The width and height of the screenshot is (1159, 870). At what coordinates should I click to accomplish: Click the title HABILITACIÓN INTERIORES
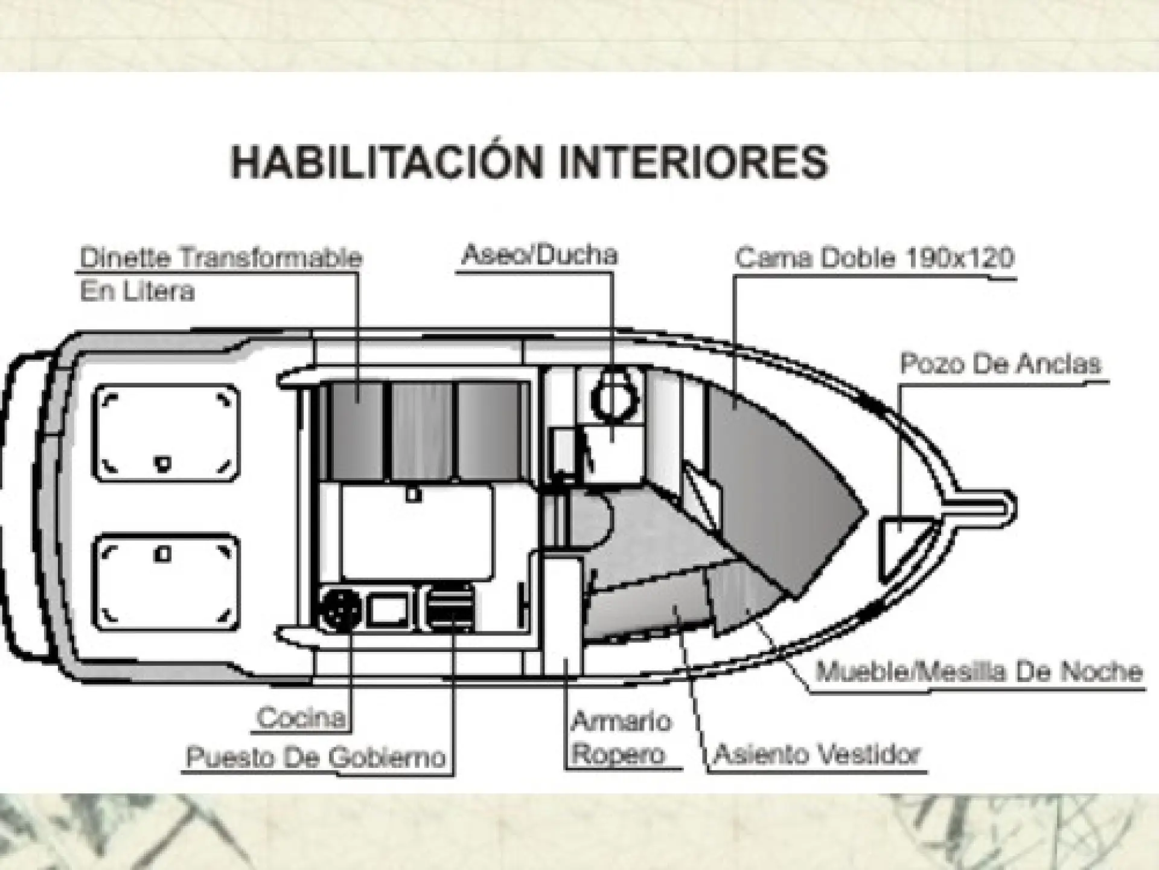[529, 161]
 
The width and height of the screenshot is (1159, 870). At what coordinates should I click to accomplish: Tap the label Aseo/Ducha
[540, 255]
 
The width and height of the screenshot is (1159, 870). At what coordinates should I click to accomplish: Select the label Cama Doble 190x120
[875, 258]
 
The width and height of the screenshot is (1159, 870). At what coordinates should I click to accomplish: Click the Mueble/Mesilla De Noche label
[979, 671]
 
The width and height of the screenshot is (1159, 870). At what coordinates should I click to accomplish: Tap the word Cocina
[301, 718]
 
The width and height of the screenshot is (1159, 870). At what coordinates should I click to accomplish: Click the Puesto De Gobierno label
[316, 757]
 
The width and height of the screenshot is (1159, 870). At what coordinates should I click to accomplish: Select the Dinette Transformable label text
[221, 258]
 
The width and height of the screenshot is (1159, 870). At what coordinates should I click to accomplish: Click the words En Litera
[138, 292]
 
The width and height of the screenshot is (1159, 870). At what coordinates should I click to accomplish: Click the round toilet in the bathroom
[614, 397]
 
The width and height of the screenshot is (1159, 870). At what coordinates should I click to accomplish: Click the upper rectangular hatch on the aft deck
[166, 433]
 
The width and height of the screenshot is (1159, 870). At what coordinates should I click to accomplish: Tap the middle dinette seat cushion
[421, 431]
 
